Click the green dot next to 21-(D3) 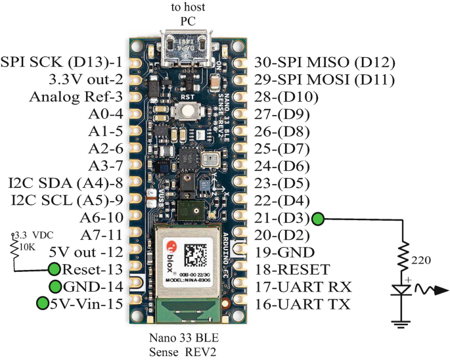click(x=319, y=219)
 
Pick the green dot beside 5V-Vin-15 click(x=43, y=304)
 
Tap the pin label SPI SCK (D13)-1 click(x=62, y=63)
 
